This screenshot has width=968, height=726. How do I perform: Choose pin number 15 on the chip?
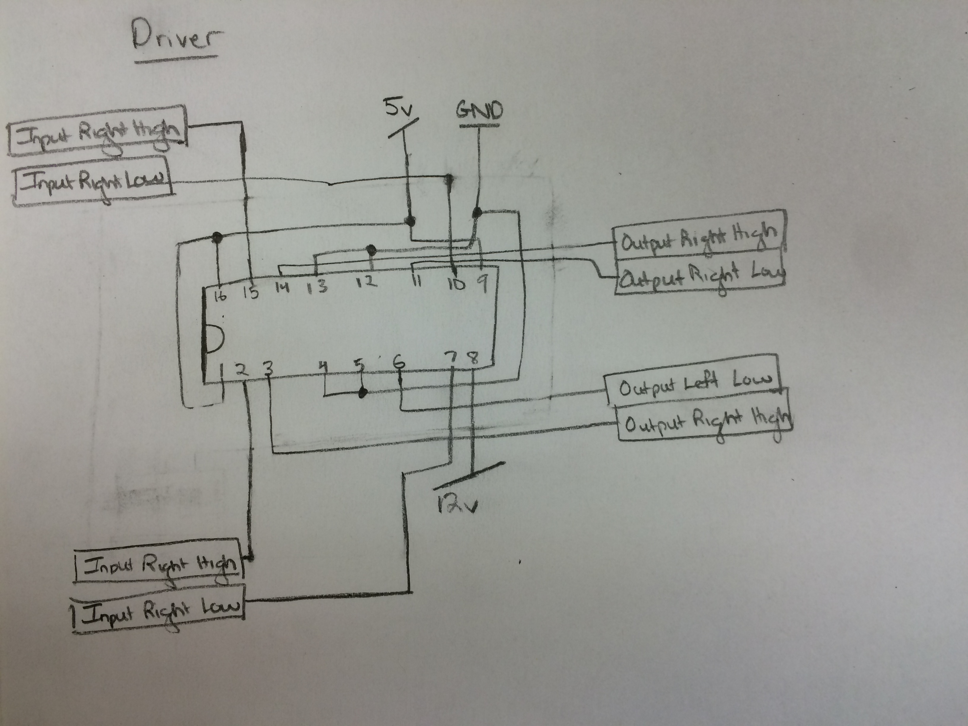251,293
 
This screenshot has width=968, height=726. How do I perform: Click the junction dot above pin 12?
371,250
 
